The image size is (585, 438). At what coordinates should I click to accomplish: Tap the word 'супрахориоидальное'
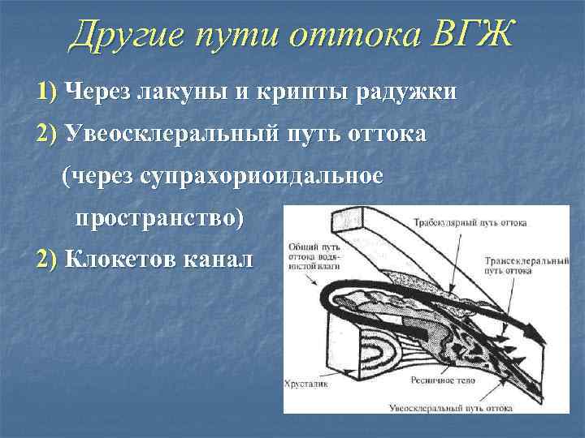pos(259,176)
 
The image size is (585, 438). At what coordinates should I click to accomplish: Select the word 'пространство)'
pos(159,218)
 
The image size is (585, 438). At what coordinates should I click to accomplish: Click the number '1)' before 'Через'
pos(47,92)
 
